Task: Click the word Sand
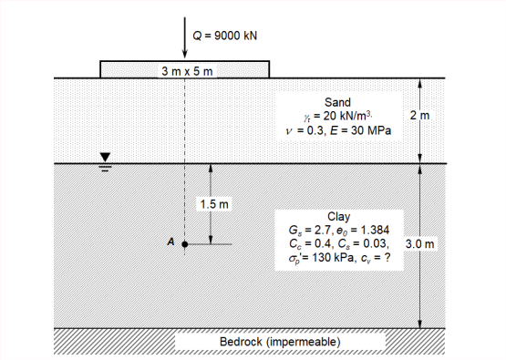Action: [x=338, y=104]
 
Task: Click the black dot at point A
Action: [x=185, y=244]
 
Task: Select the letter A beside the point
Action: [x=170, y=242]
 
